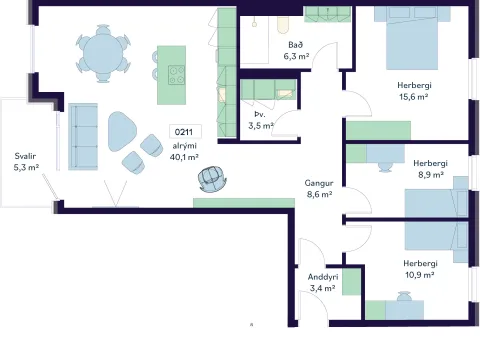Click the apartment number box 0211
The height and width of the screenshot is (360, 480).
(x=185, y=132)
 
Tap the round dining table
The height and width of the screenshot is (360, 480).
(x=103, y=53)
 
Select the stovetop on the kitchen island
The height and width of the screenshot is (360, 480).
(x=176, y=75)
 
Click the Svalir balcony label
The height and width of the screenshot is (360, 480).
(x=25, y=156)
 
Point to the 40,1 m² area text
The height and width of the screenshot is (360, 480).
(x=184, y=157)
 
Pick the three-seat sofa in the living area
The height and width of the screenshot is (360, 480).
(x=83, y=137)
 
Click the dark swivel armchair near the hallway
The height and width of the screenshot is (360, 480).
(x=212, y=179)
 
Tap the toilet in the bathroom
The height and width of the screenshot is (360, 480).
(x=283, y=25)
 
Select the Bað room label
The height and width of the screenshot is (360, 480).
(x=296, y=45)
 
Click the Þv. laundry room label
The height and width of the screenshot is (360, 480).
(x=260, y=114)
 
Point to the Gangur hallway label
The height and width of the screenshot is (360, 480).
(x=319, y=183)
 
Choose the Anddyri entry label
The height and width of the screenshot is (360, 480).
(x=323, y=277)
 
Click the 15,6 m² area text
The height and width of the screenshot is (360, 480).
(x=414, y=97)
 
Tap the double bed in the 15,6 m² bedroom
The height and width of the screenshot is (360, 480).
(x=412, y=37)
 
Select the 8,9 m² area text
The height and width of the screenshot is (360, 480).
(x=431, y=175)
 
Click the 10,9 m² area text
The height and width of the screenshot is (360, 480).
(x=419, y=275)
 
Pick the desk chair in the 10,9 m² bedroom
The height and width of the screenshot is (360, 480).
(x=404, y=296)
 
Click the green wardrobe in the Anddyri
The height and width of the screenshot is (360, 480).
(x=351, y=282)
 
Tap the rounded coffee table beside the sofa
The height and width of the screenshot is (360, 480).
(x=122, y=131)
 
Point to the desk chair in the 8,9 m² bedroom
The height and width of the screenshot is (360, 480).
(x=385, y=167)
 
